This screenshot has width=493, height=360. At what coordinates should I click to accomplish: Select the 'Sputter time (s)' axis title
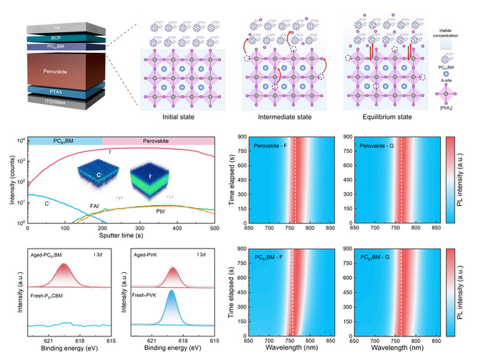pyautogui.click(x=121, y=234)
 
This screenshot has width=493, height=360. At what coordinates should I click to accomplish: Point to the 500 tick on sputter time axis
pyautogui.click(x=214, y=226)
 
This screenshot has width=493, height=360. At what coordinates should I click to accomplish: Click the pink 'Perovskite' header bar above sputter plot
pyautogui.click(x=159, y=141)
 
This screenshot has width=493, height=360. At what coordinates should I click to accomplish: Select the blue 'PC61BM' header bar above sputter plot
pyautogui.click(x=64, y=141)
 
